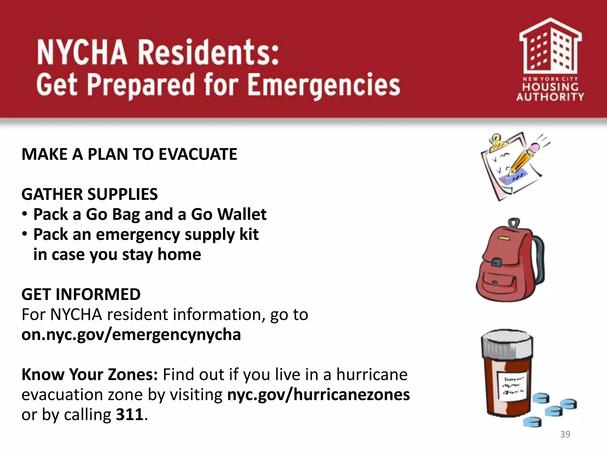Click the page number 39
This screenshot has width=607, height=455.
tap(565, 434)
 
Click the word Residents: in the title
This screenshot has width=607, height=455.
tap(208, 52)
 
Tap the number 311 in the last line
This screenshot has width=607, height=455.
tap(130, 414)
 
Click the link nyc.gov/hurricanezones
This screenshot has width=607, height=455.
tap(318, 395)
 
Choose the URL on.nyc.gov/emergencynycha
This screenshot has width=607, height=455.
tap(131, 335)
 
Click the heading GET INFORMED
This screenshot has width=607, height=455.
tap(81, 294)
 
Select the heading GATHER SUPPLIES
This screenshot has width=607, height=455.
tap(90, 194)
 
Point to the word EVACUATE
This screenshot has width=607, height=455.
tap(198, 154)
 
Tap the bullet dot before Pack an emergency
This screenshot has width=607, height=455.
tap(25, 234)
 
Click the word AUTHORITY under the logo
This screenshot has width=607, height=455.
tap(550, 97)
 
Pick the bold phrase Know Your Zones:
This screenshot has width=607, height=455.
tap(90, 374)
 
